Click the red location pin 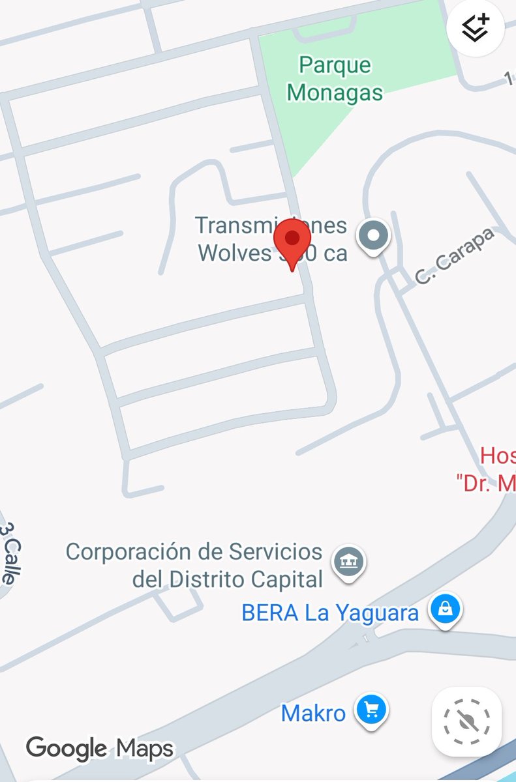pyautogui.click(x=292, y=240)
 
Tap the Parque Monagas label pyautogui.click(x=335, y=79)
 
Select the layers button pyautogui.click(x=475, y=29)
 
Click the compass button pyautogui.click(x=467, y=721)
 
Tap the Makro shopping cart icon pyautogui.click(x=372, y=709)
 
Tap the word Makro pyautogui.click(x=313, y=713)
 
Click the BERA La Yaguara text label pyautogui.click(x=330, y=613)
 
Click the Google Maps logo pyautogui.click(x=100, y=748)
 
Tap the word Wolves pyautogui.click(x=234, y=252)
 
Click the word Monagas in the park pyautogui.click(x=335, y=93)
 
